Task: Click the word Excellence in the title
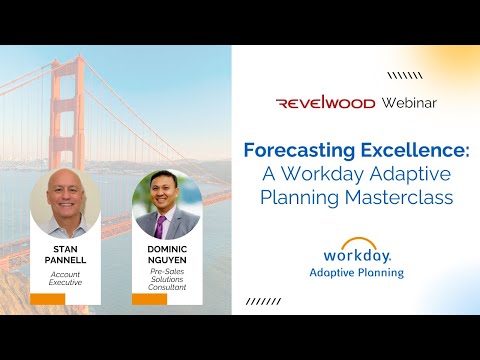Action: [402, 151]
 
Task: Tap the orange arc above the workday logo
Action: [351, 241]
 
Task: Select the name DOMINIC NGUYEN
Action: [167, 254]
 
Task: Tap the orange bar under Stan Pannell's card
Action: [48, 299]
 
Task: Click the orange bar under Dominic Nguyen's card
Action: [150, 299]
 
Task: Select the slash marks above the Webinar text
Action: [404, 73]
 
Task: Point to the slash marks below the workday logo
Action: [263, 300]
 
